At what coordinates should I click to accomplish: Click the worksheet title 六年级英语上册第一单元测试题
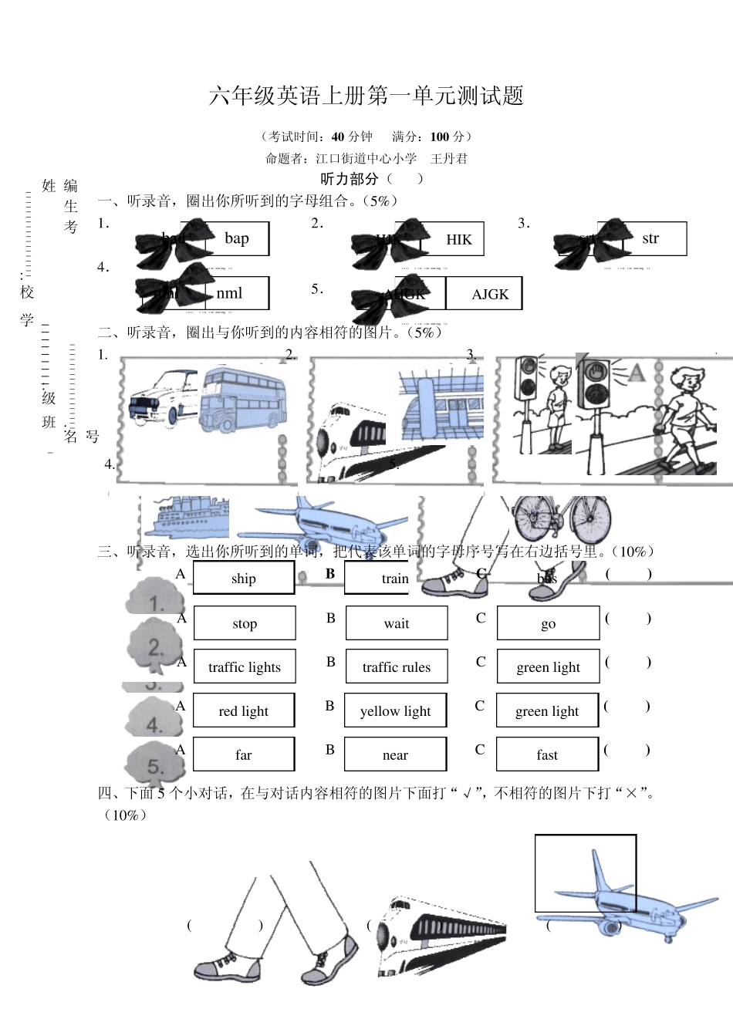[x=366, y=96]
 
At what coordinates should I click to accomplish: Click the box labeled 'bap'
[x=238, y=238]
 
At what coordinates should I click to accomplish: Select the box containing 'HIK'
[x=458, y=239]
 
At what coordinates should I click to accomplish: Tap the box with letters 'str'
[x=650, y=238]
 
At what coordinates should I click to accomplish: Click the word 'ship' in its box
[x=244, y=579]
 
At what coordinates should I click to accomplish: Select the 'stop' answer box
[x=245, y=623]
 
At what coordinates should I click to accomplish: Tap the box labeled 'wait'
[x=397, y=623]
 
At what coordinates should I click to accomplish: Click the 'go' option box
[x=548, y=623]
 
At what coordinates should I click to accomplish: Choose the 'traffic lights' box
[x=245, y=667]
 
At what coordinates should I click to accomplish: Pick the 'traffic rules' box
[x=397, y=667]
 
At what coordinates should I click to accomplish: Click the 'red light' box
[x=244, y=710]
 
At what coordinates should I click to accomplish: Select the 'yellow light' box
[x=395, y=710]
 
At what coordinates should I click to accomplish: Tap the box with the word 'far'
[x=244, y=754]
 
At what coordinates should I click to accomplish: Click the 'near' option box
[x=395, y=754]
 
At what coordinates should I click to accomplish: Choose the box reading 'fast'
[x=547, y=754]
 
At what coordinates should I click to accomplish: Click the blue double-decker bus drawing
[x=242, y=400]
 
